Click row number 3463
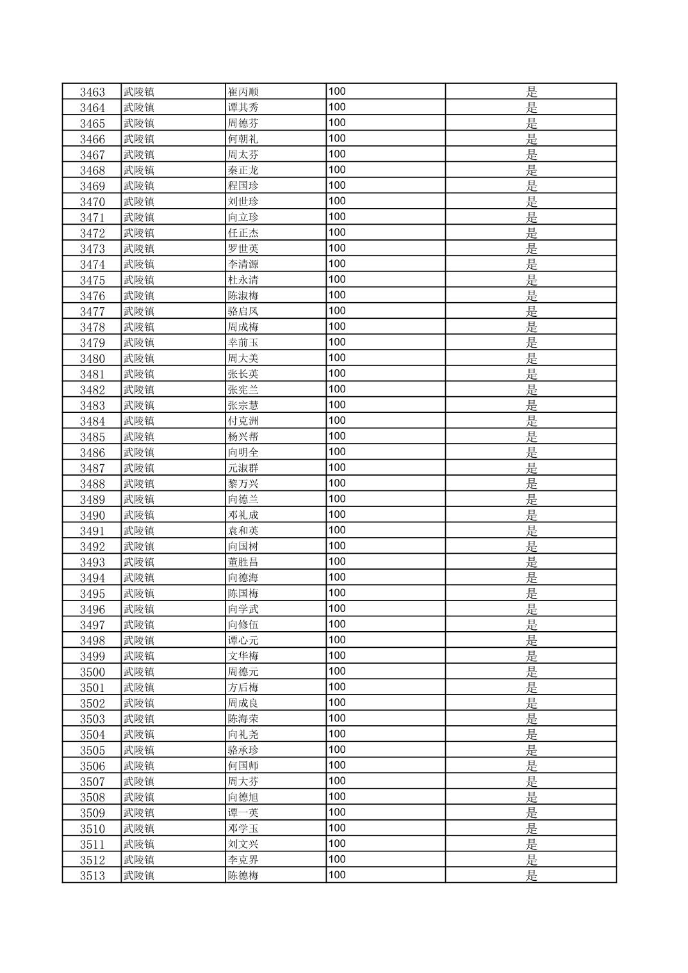coord(92,92)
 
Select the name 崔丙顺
coord(243,92)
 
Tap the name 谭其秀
coord(243,108)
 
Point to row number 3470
coord(92,202)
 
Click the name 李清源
coord(243,264)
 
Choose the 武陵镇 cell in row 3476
coord(139,296)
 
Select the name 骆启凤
coord(243,312)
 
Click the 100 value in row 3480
coord(337,358)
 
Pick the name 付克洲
coord(243,421)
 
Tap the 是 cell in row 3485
coord(531,437)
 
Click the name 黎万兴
coord(243,484)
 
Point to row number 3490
coord(92,515)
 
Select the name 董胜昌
coord(243,562)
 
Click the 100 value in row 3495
coord(337,593)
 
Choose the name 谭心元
coord(243,641)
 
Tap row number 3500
coord(92,672)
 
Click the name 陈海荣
coord(243,719)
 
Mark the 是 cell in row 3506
coord(531,766)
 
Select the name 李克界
coord(243,860)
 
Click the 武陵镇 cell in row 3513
coord(139,876)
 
